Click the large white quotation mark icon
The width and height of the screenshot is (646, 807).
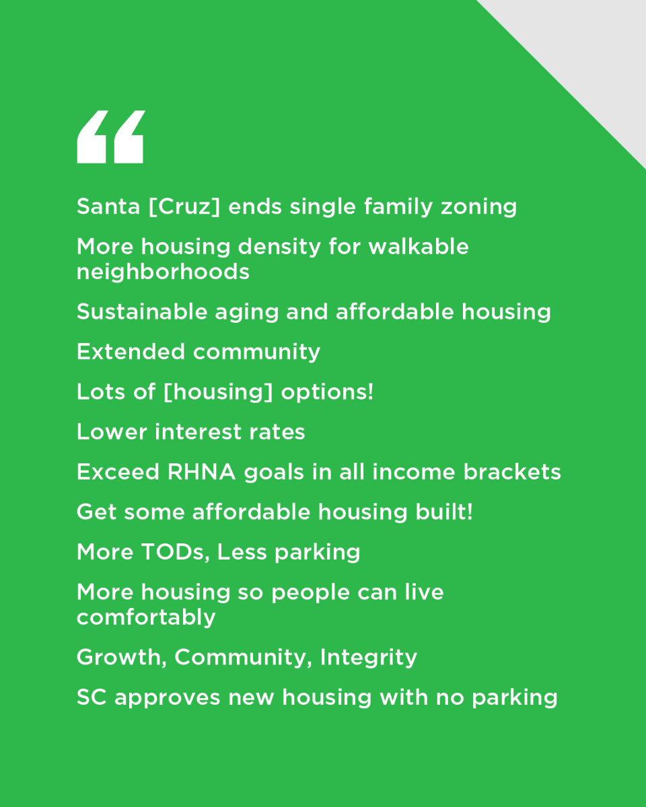110,137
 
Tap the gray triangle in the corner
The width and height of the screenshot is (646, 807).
592,54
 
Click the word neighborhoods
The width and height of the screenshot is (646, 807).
163,272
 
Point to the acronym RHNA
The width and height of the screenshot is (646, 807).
201,472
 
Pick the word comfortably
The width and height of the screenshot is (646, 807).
146,617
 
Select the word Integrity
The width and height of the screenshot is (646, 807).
369,658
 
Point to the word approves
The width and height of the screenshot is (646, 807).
167,698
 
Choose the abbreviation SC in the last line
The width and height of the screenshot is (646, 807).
92,697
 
